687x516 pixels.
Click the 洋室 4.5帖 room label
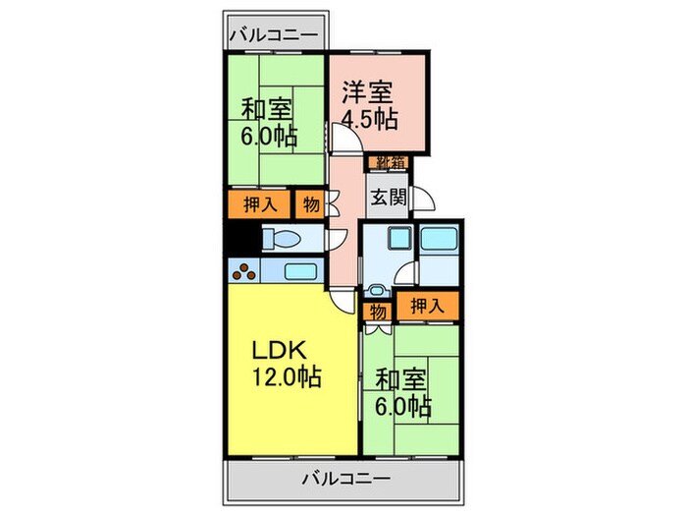tap(369, 106)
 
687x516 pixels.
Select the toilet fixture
tap(285, 238)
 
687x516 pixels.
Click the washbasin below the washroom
tap(378, 292)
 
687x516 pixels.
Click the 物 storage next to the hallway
tap(310, 204)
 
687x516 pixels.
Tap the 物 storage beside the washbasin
tap(378, 312)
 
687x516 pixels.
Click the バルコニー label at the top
tap(274, 35)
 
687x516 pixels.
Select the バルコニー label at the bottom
tap(344, 480)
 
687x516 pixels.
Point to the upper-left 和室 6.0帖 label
tap(268, 123)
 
